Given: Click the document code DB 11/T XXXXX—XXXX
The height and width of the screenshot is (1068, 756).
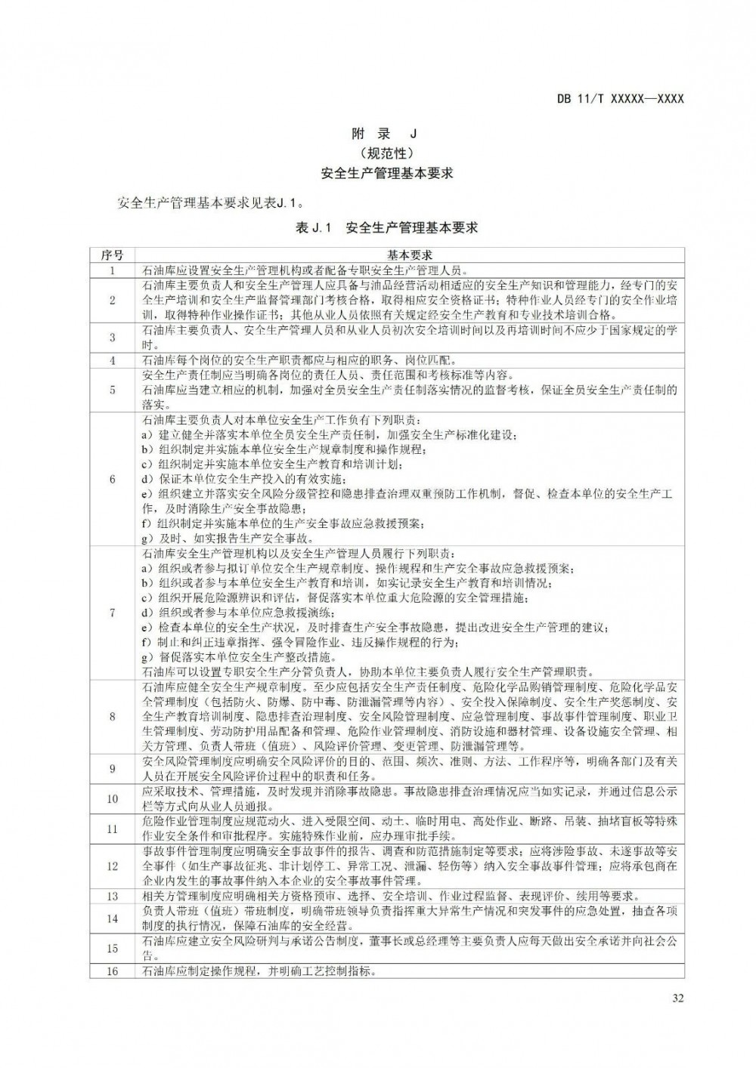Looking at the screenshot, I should [x=620, y=99].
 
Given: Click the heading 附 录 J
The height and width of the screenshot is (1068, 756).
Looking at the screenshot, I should [x=385, y=134].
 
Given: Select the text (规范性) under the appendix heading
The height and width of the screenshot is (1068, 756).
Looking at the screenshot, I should [x=386, y=153].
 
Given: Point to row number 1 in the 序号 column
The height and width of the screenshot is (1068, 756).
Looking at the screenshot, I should [x=112, y=270].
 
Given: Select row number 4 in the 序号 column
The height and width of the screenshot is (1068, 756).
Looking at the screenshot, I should [x=112, y=360].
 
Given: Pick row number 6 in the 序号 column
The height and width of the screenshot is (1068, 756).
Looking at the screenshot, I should [x=112, y=479].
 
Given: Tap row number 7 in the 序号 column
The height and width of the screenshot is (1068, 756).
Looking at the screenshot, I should [x=112, y=612].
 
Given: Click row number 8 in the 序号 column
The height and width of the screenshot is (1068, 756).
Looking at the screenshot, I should [x=112, y=716].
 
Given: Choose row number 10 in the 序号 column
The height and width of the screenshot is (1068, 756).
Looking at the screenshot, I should [x=112, y=798].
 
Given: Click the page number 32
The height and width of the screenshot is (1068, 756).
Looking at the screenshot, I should [x=677, y=999].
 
